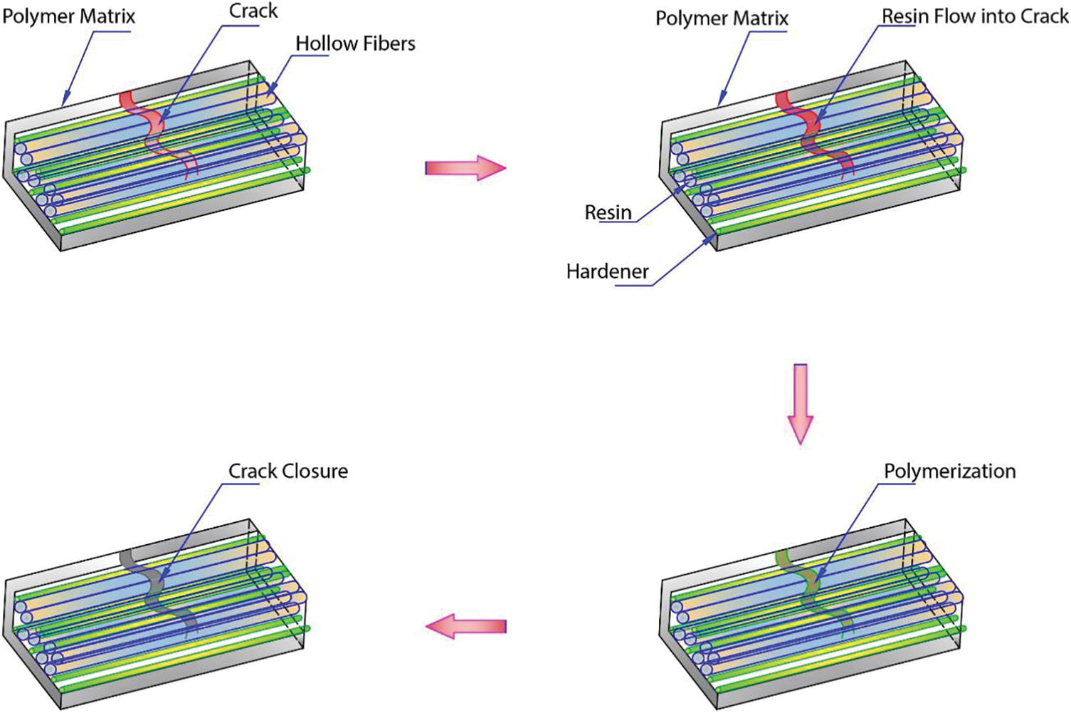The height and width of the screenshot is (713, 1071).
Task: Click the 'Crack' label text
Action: (253, 11)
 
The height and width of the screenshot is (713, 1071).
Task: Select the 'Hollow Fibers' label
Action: (355, 43)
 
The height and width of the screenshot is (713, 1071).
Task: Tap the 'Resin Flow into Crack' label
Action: (975, 16)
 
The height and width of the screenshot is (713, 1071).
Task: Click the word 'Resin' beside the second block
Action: (608, 212)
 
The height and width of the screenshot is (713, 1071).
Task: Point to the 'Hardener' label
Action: (608, 271)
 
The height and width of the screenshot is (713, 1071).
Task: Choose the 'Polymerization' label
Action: (949, 472)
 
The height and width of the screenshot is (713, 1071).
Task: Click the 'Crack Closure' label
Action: (288, 472)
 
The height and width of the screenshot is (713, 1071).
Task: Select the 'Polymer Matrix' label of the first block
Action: (68, 16)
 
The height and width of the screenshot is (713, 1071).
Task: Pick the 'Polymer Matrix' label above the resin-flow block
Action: (722, 18)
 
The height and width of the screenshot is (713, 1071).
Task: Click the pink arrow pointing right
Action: (465, 168)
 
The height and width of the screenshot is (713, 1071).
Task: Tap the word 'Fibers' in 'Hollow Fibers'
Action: (388, 43)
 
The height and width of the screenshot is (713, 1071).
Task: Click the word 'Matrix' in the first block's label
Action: (107, 16)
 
